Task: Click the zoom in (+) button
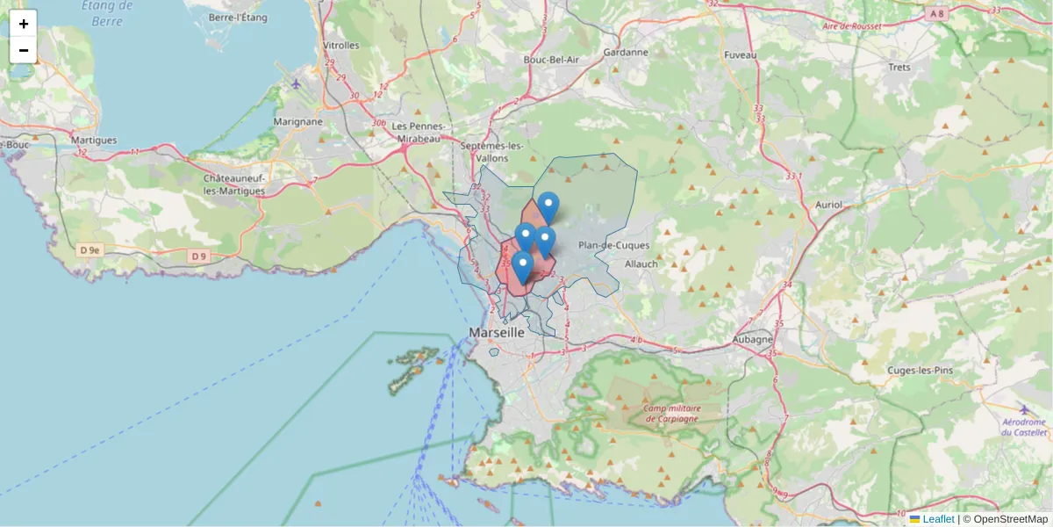24,24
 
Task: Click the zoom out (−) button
24,50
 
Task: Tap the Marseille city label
497,333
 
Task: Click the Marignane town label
297,122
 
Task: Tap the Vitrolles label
341,45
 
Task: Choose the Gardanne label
626,52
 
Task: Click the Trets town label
899,67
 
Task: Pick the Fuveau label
740,54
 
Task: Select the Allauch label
641,263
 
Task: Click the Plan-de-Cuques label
613,245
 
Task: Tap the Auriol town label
828,205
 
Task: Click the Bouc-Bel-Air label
551,59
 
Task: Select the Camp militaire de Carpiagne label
671,413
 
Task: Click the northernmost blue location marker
548,207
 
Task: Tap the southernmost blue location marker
522,267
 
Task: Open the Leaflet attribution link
937,519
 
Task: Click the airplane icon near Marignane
297,84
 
